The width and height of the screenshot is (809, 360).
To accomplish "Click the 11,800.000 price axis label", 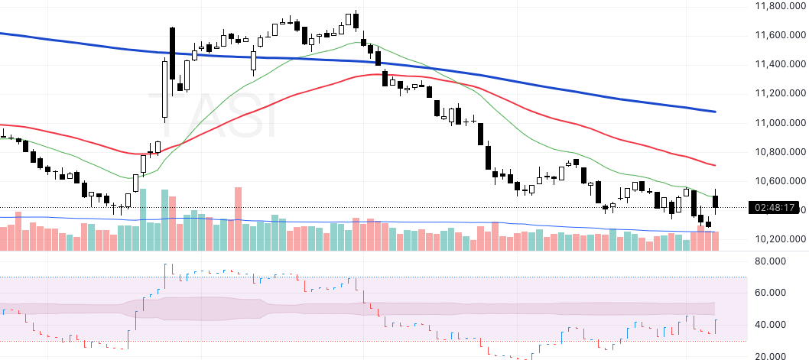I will [x=777, y=6].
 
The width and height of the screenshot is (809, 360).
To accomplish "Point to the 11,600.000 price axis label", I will [x=777, y=35].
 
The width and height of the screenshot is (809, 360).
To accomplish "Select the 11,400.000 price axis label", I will [x=777, y=64].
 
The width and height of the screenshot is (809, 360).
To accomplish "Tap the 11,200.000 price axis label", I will [x=777, y=93].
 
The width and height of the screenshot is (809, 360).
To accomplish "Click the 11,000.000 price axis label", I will [x=777, y=122].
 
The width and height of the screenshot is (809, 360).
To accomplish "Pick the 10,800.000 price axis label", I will [x=777, y=151].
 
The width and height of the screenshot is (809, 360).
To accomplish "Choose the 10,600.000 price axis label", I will [x=777, y=180].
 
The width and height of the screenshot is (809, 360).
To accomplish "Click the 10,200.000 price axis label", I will [x=777, y=238].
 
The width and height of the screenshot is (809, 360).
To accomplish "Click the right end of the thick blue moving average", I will [x=715, y=112].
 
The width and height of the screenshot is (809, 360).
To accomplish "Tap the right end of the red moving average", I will [x=715, y=165].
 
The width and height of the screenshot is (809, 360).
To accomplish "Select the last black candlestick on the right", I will [x=716, y=201].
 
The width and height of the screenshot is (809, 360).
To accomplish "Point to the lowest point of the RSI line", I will [x=526, y=358].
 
